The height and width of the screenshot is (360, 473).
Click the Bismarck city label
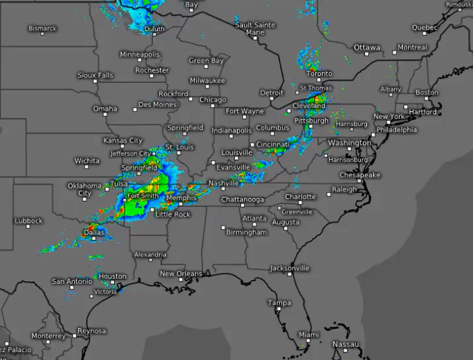click(43, 28)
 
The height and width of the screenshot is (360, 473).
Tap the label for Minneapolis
click(140, 54)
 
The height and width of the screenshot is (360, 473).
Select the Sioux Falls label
click(95, 76)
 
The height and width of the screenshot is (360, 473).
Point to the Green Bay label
click(206, 61)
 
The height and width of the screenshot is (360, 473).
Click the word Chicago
click(213, 100)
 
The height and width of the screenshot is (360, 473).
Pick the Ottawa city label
click(367, 48)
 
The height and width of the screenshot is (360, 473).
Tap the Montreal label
click(412, 48)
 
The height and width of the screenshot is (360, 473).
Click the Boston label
click(426, 92)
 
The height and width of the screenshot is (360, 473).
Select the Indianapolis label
click(231, 130)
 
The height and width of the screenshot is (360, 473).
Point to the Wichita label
click(87, 160)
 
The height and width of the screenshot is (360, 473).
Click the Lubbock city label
click(29, 220)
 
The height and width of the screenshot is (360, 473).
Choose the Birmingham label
click(246, 233)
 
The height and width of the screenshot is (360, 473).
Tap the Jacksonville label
click(289, 268)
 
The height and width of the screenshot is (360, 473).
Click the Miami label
click(309, 334)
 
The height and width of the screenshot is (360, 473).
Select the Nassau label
click(345, 344)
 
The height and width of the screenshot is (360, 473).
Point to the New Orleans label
click(180, 274)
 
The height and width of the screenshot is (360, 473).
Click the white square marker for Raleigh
click(329, 194)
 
